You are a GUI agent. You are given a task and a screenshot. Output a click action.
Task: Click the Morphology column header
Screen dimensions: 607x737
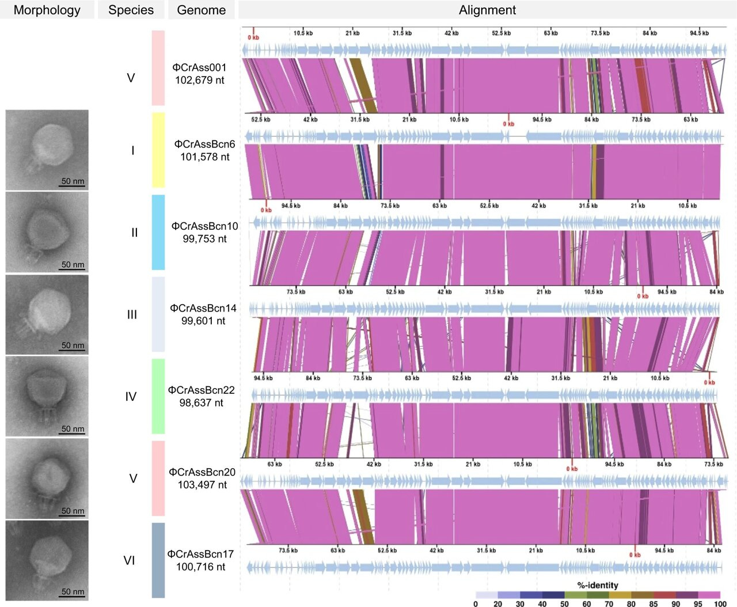(47, 10)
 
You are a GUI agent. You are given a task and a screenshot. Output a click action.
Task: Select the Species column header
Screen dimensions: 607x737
(131, 10)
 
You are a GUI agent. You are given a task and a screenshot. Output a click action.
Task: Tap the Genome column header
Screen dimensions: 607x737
(201, 10)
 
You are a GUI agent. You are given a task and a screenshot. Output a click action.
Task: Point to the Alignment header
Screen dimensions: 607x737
(487, 10)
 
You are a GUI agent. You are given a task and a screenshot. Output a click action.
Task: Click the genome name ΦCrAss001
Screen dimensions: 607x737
(200, 67)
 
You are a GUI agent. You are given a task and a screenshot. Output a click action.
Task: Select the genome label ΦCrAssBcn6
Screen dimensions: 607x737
(204, 144)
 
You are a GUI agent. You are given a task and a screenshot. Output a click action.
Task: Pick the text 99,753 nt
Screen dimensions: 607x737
(204, 239)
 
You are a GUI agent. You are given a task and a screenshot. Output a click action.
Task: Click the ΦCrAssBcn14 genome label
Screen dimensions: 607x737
(203, 308)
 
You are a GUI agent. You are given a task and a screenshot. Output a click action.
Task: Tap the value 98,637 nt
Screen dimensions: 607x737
(201, 403)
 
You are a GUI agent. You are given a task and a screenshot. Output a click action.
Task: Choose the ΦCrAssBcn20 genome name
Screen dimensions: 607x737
(202, 472)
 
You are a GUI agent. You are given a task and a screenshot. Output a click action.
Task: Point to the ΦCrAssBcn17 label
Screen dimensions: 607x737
(200, 554)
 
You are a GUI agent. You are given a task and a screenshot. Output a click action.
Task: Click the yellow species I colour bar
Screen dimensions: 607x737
(158, 150)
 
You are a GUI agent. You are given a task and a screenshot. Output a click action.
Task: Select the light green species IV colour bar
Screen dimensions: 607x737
(158, 396)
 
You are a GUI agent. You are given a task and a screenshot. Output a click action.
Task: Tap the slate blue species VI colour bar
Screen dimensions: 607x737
(158, 560)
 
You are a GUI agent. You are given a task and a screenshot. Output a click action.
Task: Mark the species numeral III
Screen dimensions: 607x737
(132, 315)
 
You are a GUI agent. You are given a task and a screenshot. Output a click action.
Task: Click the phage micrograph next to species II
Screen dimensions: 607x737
(47, 232)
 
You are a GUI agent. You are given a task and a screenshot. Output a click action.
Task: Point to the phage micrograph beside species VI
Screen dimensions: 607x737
(47, 560)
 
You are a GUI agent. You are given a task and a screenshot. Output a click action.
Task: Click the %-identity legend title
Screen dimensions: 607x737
(598, 585)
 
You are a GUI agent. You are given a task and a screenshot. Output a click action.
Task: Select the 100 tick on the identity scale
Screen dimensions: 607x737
(720, 604)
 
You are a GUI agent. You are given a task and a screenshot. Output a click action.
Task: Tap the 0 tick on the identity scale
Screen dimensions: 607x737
(476, 604)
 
